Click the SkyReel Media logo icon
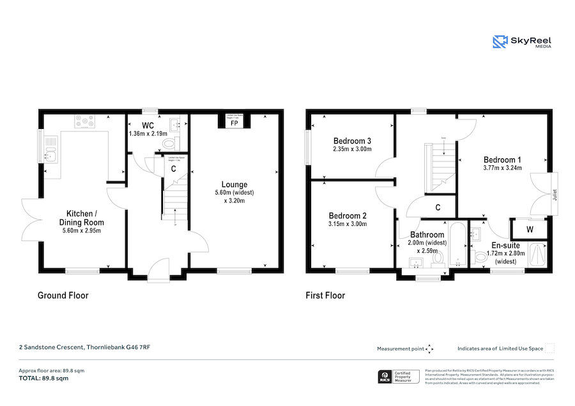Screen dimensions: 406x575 [500, 42]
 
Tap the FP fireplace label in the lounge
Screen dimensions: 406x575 [234, 123]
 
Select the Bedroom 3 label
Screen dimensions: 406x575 [352, 140]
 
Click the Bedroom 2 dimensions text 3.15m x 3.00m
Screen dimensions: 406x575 [348, 224]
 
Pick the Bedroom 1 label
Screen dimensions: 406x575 [502, 160]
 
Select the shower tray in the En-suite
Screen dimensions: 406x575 [538, 257]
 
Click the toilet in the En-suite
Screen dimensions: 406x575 [481, 258]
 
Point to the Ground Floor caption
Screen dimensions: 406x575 [63, 296]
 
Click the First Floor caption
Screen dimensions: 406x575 [326, 296]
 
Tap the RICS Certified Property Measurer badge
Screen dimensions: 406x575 [397, 376]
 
